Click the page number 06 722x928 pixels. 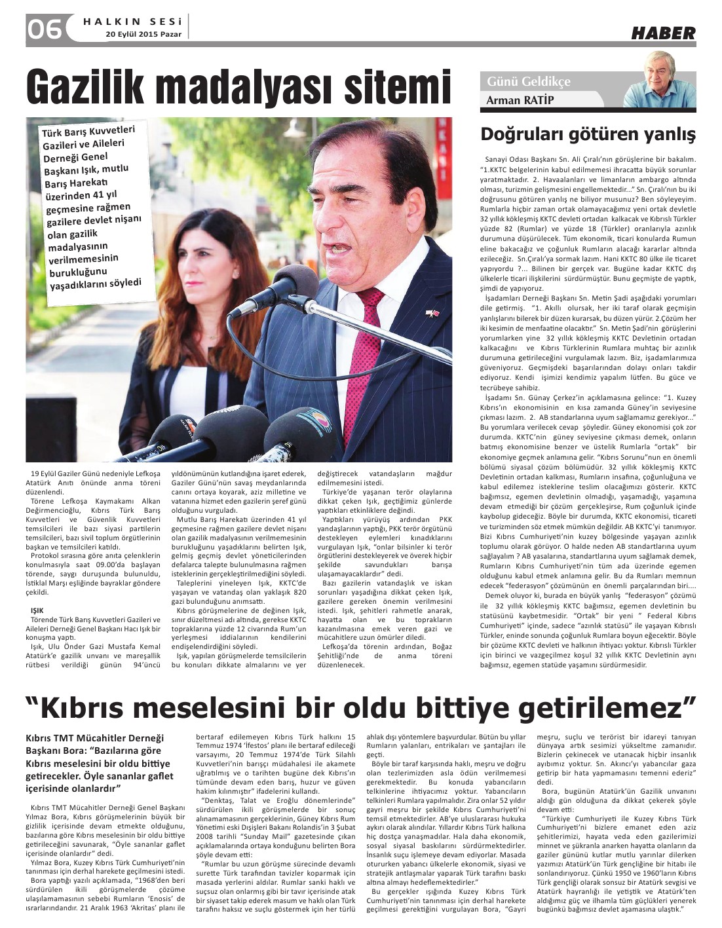(44, 28)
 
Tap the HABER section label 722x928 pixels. (663, 33)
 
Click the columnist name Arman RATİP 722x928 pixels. (518, 100)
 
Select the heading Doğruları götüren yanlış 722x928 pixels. (588, 134)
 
